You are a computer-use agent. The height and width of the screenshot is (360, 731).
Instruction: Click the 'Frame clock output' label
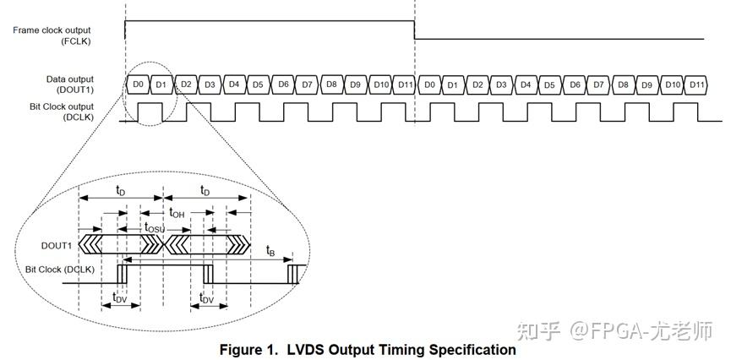52,30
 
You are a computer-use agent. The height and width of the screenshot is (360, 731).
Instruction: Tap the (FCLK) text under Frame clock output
75,41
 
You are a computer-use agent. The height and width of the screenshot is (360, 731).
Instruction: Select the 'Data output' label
70,79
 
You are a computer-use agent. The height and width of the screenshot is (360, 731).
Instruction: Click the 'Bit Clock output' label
62,106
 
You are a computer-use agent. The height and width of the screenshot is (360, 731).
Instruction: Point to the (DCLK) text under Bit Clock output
78,117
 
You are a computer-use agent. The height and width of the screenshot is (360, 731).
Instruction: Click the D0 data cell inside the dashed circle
139,85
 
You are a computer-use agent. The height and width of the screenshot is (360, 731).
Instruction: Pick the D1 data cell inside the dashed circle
161,85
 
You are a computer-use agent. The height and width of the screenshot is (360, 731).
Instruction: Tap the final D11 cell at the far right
696,85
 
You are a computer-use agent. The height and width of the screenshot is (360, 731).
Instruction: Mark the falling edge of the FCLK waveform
414,30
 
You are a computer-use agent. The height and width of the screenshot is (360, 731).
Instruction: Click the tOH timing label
177,213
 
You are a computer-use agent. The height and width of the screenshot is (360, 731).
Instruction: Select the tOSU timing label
155,227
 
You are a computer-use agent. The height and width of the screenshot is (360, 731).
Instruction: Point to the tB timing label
270,250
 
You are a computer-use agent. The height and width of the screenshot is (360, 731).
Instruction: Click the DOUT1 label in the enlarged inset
57,245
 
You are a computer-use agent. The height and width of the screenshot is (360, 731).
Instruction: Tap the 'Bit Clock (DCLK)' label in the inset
59,269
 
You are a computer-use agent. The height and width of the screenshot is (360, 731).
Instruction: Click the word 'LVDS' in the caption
303,349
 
